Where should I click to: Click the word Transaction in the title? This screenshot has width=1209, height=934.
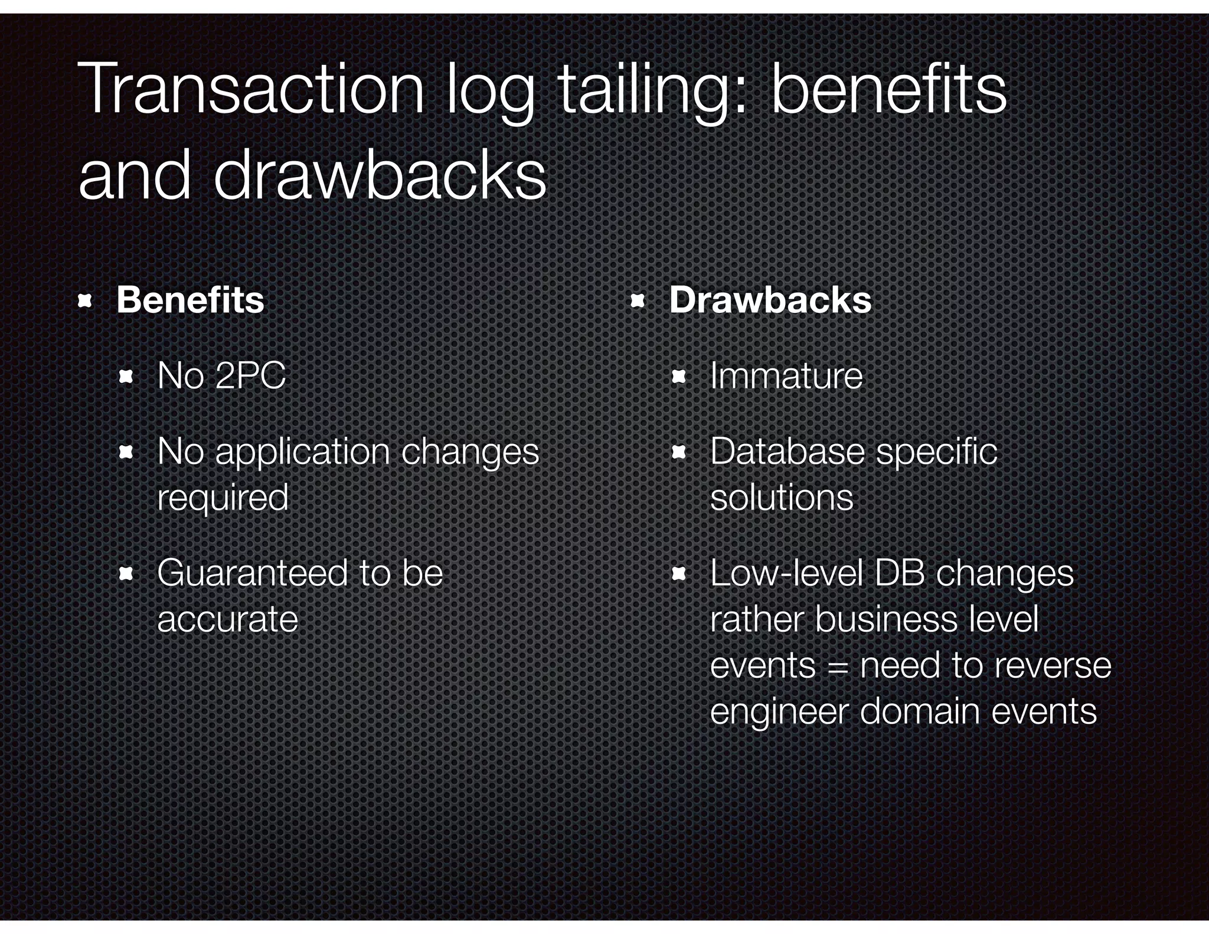pyautogui.click(x=250, y=89)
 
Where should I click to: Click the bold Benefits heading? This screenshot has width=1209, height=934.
pyautogui.click(x=190, y=300)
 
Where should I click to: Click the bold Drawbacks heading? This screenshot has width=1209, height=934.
pyautogui.click(x=770, y=300)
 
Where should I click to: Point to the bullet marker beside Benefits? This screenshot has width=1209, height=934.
pyautogui.click(x=85, y=302)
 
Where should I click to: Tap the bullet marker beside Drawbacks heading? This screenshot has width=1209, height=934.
pyautogui.click(x=638, y=302)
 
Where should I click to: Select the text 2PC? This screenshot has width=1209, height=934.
pyautogui.click(x=250, y=375)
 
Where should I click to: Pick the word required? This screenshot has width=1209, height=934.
pyautogui.click(x=223, y=498)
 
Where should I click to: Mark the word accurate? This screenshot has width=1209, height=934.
pyautogui.click(x=227, y=619)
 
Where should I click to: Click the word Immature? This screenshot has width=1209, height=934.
pyautogui.click(x=786, y=375)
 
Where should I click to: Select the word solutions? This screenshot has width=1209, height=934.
pyautogui.click(x=781, y=498)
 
